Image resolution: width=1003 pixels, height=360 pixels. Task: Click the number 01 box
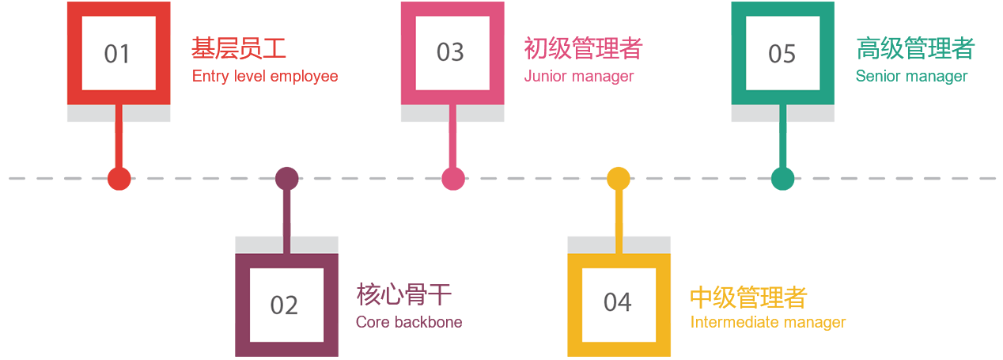pos(117,54)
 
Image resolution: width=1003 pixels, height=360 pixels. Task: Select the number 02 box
pos(285,305)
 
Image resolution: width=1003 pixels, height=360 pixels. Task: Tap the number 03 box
pos(450,52)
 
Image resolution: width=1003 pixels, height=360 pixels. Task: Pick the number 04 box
pos(618,302)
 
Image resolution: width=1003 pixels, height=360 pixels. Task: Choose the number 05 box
pos(782,53)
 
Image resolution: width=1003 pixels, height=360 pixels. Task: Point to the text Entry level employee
pos(265,77)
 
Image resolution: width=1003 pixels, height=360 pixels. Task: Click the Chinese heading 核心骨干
pos(404,296)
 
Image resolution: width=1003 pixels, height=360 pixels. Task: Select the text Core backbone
pos(409,322)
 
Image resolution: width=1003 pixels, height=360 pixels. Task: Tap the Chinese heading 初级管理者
pos(583,49)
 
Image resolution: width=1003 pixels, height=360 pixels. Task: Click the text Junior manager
pos(579,77)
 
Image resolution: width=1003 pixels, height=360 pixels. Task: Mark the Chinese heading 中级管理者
pos(748,297)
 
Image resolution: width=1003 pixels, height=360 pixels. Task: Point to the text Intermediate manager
pos(768,323)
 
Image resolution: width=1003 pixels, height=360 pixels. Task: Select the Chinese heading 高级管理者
pos(915,49)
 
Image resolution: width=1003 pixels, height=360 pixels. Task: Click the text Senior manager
pos(911,77)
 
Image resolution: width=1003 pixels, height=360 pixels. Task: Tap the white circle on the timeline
pos(894,179)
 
